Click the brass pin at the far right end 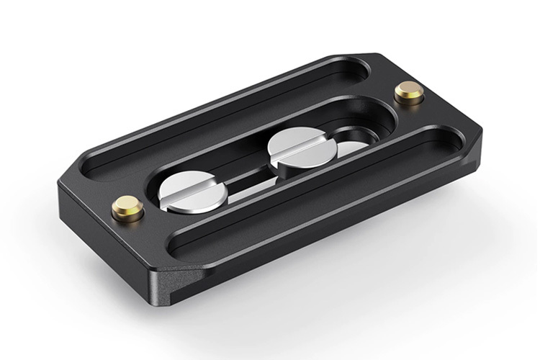[x=411, y=93]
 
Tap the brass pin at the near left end [x=125, y=210]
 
